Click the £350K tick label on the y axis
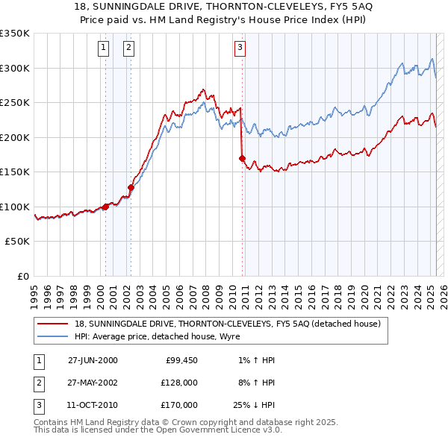(15, 34)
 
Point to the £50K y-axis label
(17, 242)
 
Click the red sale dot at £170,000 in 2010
(242, 158)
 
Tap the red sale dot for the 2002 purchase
(131, 187)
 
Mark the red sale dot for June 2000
(105, 207)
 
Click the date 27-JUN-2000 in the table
(93, 360)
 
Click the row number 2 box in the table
(38, 383)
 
